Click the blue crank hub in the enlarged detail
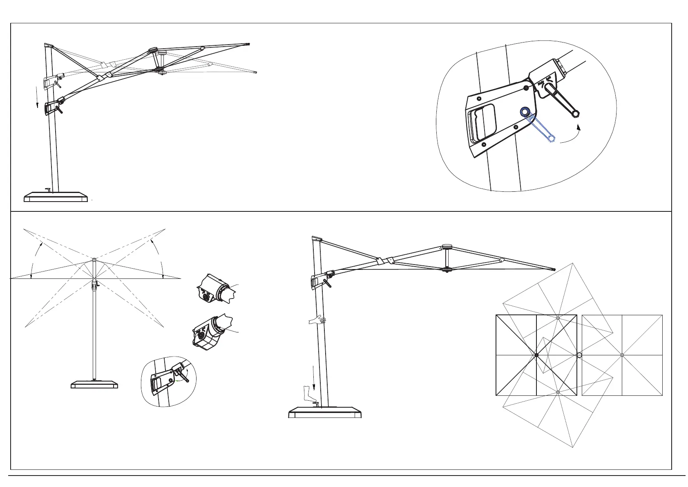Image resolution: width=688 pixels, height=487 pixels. [x=525, y=111]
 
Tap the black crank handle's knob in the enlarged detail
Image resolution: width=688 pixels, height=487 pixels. [x=576, y=114]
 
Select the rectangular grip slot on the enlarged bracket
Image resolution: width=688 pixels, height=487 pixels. [x=483, y=122]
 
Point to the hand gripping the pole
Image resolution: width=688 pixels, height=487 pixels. [x=317, y=320]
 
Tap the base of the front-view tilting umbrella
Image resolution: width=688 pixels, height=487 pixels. [x=94, y=384]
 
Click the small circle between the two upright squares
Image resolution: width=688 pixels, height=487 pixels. [x=579, y=355]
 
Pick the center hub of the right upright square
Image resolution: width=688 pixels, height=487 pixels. [x=622, y=355]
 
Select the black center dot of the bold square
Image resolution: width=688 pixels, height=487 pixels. [x=536, y=355]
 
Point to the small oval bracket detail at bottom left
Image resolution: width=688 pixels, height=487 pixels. [x=168, y=382]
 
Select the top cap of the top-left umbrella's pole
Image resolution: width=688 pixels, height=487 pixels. [x=48, y=45]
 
